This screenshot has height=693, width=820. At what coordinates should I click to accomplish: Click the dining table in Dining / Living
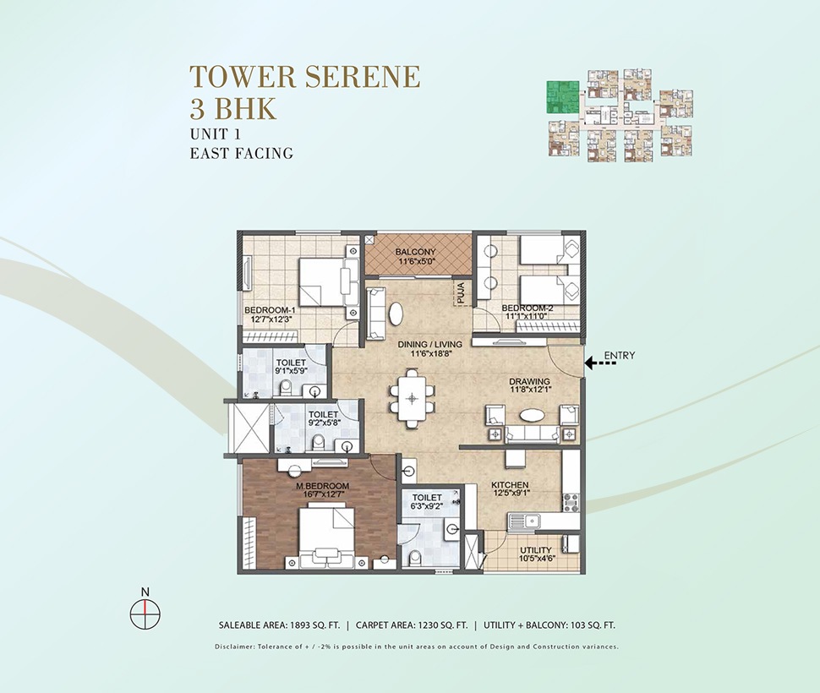(413, 398)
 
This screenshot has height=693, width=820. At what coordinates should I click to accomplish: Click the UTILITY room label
(535, 550)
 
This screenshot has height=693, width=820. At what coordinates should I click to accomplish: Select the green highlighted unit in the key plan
(563, 97)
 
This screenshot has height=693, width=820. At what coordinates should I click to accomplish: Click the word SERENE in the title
(363, 76)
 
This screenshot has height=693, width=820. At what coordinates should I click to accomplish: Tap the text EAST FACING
(241, 153)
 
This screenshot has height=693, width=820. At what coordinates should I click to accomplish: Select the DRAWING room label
(530, 381)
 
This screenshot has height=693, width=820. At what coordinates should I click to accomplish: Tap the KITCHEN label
(510, 484)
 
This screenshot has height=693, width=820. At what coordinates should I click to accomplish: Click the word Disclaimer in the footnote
(235, 647)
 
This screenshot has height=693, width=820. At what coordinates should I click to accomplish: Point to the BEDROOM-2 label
(528, 308)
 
